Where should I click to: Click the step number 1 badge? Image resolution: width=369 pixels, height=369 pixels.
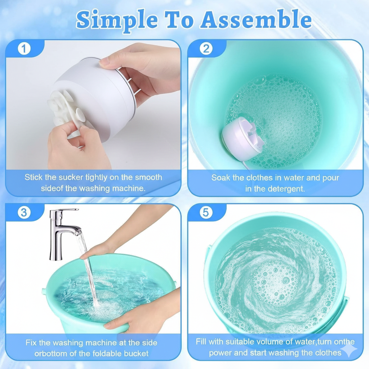tap(24, 48)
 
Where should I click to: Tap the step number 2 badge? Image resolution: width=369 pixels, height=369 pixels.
tap(206, 48)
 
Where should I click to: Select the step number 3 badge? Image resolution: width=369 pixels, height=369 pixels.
tap(24, 213)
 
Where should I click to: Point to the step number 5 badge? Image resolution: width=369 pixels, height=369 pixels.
tap(205, 213)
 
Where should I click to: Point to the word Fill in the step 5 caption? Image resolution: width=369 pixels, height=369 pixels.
tap(203, 341)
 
